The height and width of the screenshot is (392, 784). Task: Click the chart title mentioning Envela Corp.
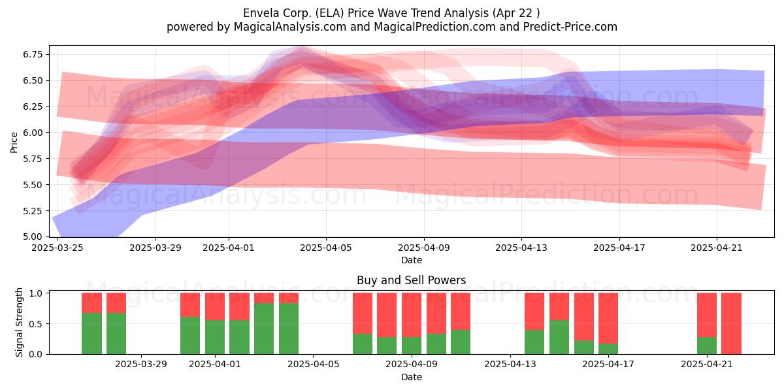[391, 13]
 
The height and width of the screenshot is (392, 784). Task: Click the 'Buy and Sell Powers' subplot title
[411, 280]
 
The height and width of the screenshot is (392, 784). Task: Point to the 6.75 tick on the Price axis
[33, 54]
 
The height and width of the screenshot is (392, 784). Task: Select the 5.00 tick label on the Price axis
[33, 237]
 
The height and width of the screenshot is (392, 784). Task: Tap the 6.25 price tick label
[33, 106]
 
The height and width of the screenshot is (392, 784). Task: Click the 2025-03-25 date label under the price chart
[57, 248]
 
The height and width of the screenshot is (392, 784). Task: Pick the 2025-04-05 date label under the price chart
[326, 248]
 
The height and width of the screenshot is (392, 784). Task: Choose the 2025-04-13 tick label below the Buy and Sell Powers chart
[510, 364]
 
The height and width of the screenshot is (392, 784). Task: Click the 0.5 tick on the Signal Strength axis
[35, 324]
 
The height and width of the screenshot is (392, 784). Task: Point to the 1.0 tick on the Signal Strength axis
[35, 293]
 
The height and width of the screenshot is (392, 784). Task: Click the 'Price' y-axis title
[14, 142]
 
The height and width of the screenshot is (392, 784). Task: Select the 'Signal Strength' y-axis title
[19, 322]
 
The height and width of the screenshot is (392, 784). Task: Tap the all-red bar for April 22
[731, 323]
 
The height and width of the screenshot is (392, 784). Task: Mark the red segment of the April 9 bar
[412, 315]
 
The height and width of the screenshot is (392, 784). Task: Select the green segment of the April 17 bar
[608, 349]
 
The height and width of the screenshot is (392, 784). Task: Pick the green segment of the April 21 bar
[707, 346]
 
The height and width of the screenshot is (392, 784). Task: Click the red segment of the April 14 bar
[559, 306]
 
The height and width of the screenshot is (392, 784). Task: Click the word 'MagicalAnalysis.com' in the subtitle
[290, 27]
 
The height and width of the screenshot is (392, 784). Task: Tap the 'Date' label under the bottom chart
[411, 377]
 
